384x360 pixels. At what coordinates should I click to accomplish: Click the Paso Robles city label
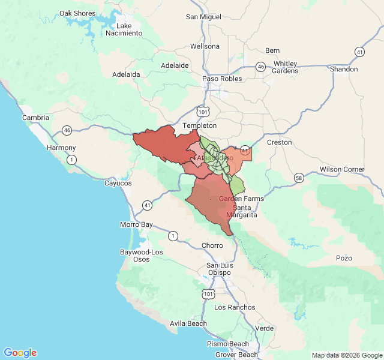pos(222,79)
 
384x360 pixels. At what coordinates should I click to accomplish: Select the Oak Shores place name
pos(77,13)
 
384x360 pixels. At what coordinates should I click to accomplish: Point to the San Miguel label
pos(203,17)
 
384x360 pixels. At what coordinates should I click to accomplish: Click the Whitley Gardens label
pos(285,67)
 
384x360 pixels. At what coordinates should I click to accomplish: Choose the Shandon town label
pos(344,69)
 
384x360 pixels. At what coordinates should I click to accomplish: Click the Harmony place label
pos(62,148)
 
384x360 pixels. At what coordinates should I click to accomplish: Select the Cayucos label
pos(118,183)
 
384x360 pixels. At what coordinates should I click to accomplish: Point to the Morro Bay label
pos(137,225)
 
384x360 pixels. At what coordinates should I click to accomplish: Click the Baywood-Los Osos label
pos(141,255)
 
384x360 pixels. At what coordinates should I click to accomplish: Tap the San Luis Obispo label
pos(219,269)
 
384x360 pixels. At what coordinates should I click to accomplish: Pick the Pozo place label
pos(344,258)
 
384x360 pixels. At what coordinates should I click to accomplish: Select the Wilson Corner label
pos(341,169)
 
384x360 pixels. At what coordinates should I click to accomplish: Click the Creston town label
pos(279,142)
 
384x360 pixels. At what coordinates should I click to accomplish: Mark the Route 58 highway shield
pos(299,178)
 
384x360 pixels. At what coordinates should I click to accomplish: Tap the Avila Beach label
pos(188,323)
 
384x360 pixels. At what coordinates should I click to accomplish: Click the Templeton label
pos(199,125)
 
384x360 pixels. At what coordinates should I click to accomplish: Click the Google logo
pos(20,353)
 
